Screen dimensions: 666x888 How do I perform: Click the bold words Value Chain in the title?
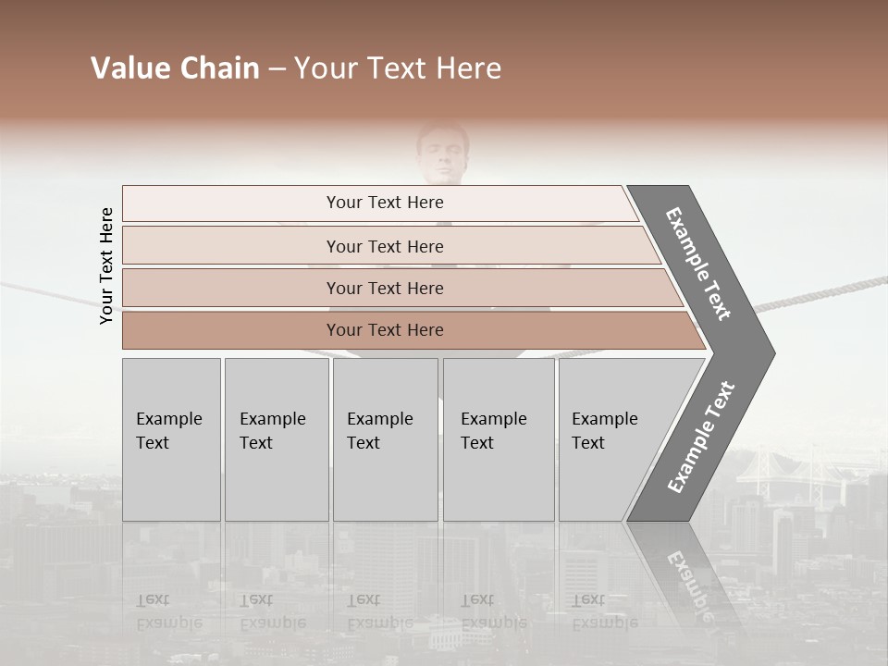click(x=175, y=68)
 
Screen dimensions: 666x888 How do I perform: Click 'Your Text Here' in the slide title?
click(x=398, y=68)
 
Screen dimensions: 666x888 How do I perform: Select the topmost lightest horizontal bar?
click(x=384, y=203)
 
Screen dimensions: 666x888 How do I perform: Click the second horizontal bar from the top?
click(x=384, y=246)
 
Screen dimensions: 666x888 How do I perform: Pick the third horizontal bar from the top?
click(x=384, y=288)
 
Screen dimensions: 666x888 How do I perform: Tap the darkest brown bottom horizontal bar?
click(x=384, y=330)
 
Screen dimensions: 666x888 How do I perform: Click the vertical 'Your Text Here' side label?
click(x=106, y=265)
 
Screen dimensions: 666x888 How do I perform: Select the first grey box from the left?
click(x=171, y=439)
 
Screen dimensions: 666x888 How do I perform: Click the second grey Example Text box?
click(x=276, y=439)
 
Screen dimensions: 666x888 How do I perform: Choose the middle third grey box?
click(x=385, y=439)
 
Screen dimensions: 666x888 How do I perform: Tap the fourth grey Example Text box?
click(x=498, y=439)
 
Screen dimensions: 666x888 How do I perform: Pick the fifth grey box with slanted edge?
click(x=610, y=439)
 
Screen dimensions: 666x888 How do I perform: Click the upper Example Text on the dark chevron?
click(x=698, y=264)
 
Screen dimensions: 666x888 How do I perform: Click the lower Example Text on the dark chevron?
click(x=701, y=438)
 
